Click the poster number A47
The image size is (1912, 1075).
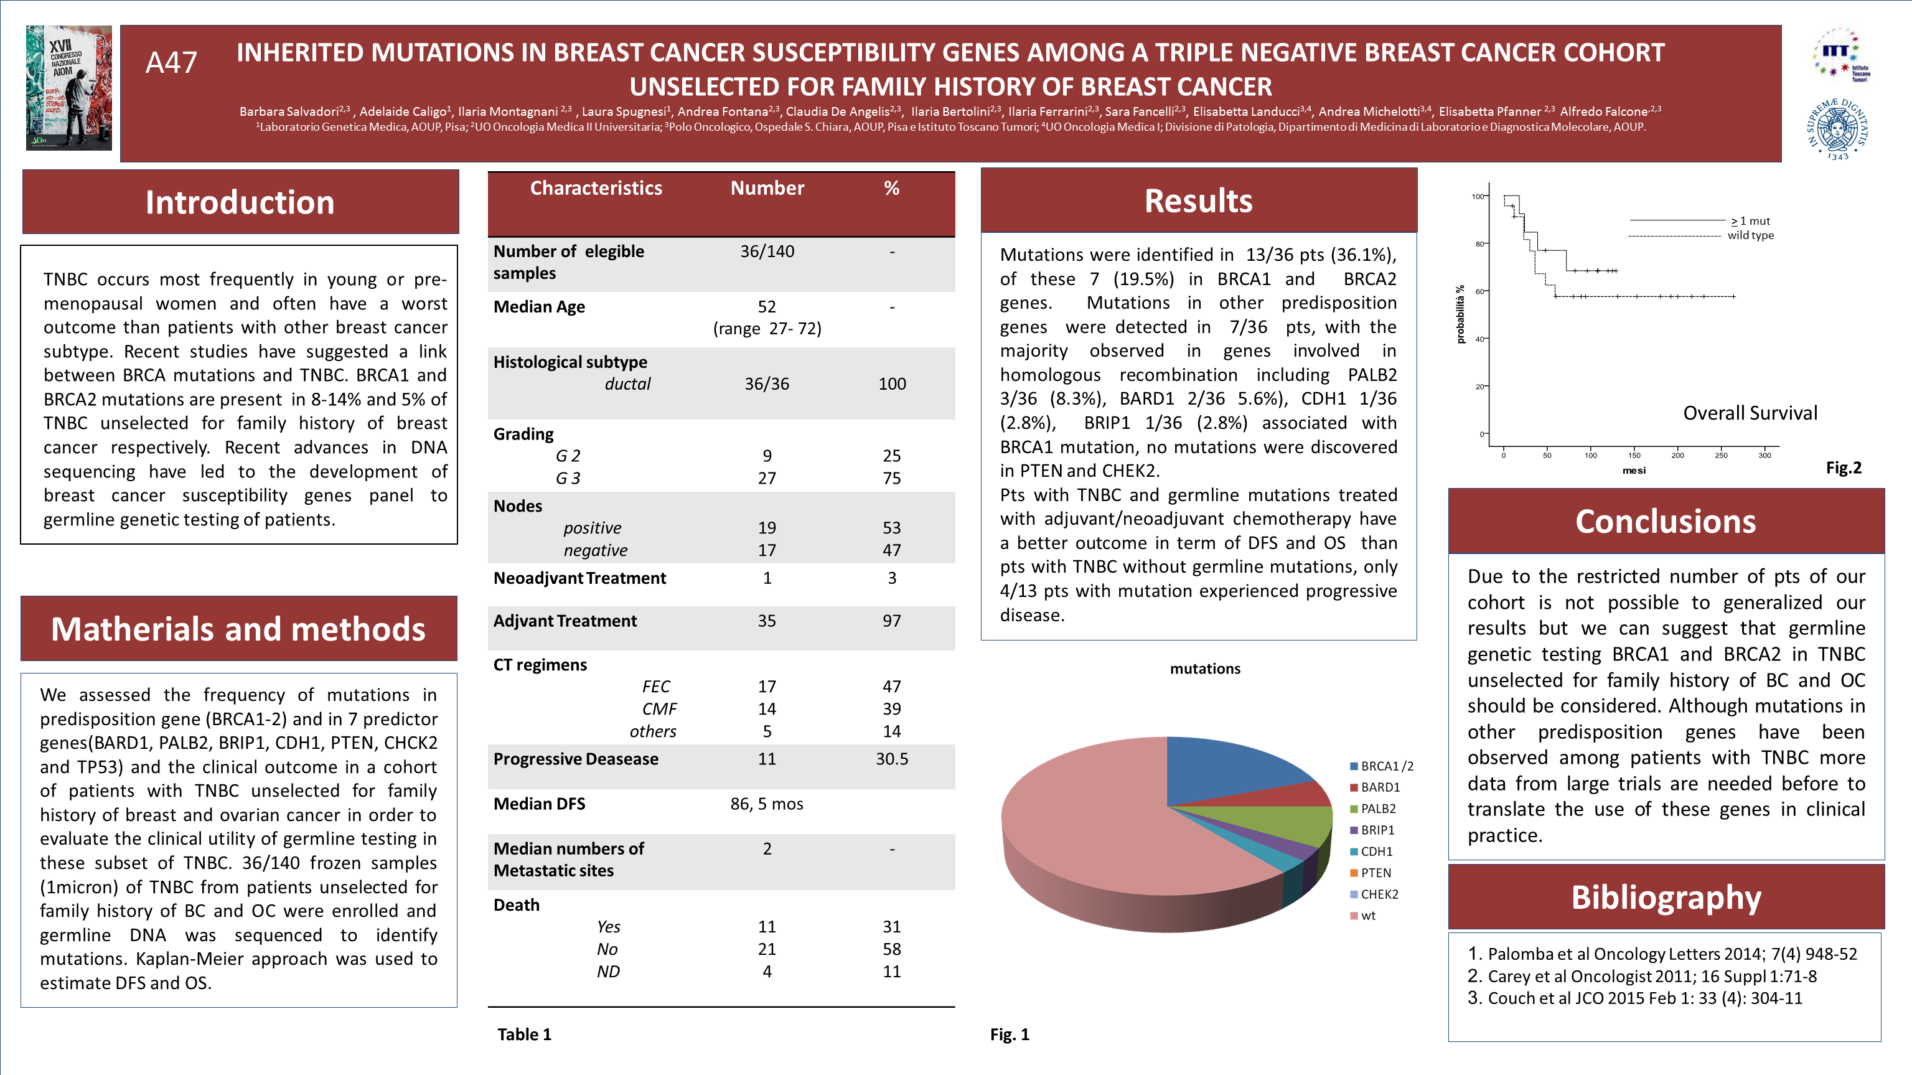171,63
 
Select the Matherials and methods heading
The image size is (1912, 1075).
238,629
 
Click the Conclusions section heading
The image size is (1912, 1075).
1666,521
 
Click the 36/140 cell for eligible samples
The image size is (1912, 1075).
767,251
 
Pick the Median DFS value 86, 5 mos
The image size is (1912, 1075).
767,804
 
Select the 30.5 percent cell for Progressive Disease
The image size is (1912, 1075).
891,759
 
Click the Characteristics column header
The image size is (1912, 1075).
596,189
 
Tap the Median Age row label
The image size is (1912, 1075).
540,307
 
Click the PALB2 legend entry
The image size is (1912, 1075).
1377,809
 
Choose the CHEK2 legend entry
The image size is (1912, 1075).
1379,894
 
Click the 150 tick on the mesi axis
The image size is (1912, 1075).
1634,455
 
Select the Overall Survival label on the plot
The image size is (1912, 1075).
1750,413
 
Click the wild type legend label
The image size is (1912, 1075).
1750,235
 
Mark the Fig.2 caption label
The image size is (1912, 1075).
1844,467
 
